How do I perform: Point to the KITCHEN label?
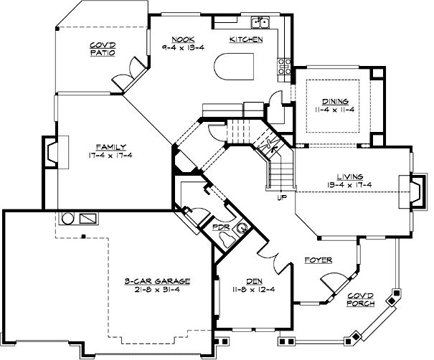point(246,39)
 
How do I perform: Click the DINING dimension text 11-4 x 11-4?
point(336,108)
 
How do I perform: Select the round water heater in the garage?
point(69,217)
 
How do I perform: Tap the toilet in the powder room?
point(242,229)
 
